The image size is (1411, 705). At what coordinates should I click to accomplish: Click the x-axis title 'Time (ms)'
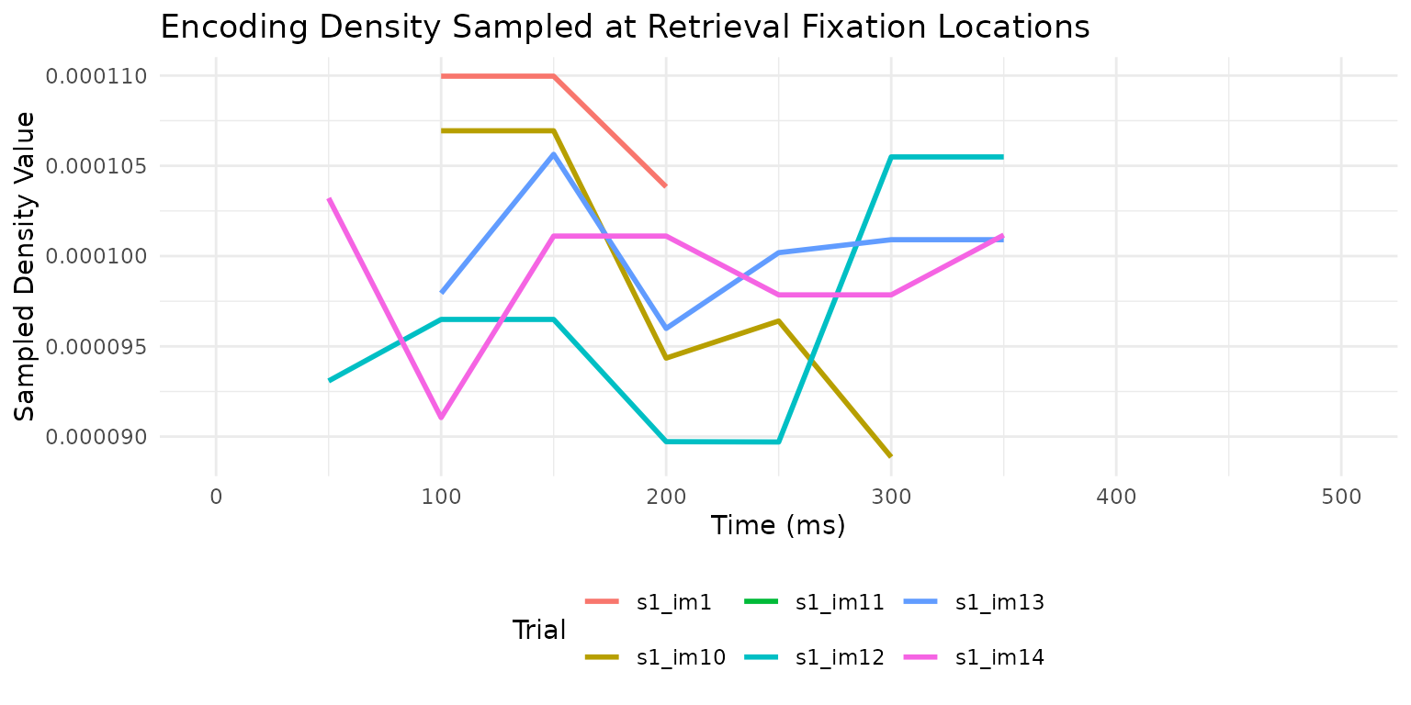click(777, 526)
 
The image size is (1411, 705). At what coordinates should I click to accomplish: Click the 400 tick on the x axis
click(1115, 497)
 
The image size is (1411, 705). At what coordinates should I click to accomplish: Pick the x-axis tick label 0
click(216, 497)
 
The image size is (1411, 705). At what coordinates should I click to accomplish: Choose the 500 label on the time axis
click(1340, 497)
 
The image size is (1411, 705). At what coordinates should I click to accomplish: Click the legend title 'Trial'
click(538, 630)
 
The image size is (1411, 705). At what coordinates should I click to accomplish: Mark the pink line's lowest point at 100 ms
click(441, 418)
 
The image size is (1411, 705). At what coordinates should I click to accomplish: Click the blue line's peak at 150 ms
click(554, 153)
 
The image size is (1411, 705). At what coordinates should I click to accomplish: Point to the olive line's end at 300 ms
click(891, 456)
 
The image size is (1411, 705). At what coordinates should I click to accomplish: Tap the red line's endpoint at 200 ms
click(665, 186)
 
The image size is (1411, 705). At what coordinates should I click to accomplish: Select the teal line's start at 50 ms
click(329, 380)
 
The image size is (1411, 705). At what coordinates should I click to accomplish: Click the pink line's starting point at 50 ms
click(329, 198)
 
